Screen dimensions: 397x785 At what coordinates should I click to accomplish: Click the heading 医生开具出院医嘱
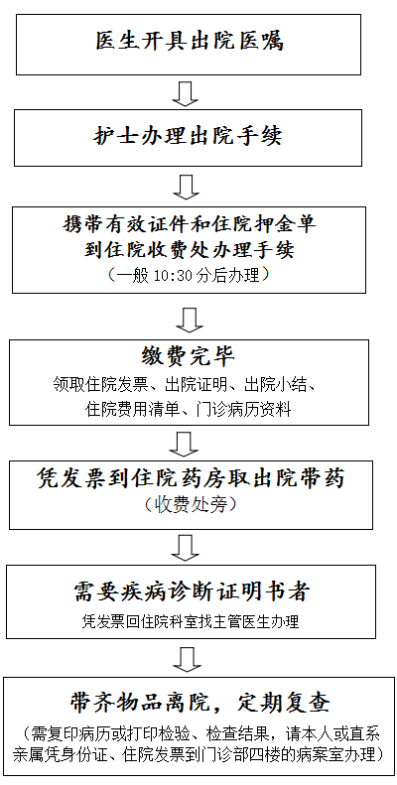pyautogui.click(x=190, y=41)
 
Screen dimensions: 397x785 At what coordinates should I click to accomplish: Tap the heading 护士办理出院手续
pyautogui.click(x=189, y=136)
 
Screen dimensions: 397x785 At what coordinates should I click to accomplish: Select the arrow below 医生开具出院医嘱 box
pyautogui.click(x=186, y=93)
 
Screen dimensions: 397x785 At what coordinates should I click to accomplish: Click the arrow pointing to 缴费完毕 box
pyautogui.click(x=190, y=321)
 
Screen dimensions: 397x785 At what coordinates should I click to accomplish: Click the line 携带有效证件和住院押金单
pyautogui.click(x=190, y=224)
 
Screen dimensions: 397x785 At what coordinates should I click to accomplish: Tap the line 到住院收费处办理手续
pyautogui.click(x=190, y=250)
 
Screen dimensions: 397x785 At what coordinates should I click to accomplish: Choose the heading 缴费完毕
pyautogui.click(x=188, y=357)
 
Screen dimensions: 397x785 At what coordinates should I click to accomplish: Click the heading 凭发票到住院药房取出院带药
pyautogui.click(x=191, y=479)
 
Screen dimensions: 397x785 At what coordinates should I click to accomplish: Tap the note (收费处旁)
pyautogui.click(x=191, y=505)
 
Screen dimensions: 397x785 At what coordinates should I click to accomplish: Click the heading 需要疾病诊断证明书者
pyautogui.click(x=191, y=591)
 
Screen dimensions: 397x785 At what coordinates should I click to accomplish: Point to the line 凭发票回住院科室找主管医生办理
pyautogui.click(x=191, y=622)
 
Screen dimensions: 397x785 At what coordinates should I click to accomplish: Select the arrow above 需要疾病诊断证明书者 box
pyautogui.click(x=186, y=548)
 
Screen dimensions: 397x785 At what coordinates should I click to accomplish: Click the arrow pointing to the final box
pyautogui.click(x=188, y=659)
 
